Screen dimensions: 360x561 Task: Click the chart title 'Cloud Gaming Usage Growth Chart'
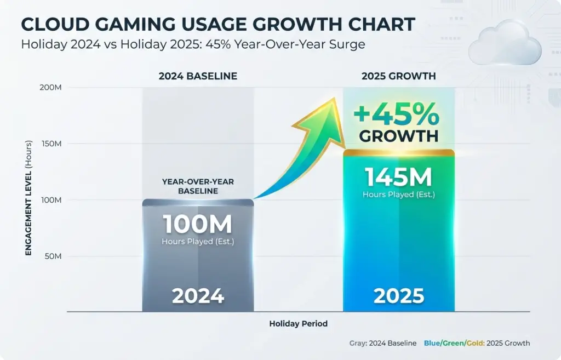217,24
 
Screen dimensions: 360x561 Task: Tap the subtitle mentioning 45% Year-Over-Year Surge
193,44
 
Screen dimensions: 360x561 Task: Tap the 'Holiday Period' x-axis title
298,324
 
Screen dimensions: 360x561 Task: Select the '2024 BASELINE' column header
198,76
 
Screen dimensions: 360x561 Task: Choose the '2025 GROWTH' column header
398,76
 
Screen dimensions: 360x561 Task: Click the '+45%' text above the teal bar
396,115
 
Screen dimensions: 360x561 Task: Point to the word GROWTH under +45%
398,136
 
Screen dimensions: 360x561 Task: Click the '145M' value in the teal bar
398,178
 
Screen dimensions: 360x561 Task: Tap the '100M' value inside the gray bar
198,225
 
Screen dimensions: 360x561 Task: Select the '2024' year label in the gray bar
198,296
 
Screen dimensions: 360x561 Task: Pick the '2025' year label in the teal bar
398,296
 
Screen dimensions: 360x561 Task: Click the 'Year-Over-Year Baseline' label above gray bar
198,187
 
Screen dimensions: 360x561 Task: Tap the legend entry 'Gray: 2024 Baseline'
382,344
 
